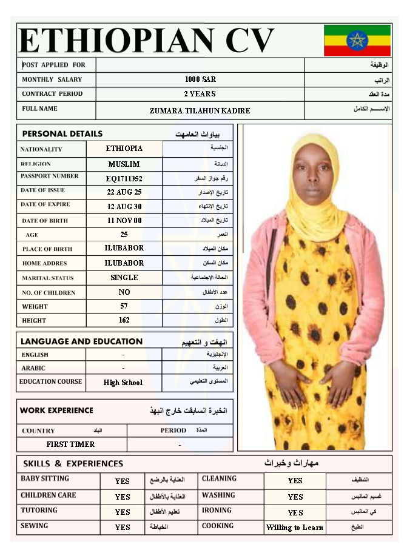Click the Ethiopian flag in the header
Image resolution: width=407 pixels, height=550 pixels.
click(x=357, y=41)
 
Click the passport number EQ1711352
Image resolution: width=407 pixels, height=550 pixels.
click(x=124, y=179)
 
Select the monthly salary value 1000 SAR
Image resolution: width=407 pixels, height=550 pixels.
click(x=200, y=79)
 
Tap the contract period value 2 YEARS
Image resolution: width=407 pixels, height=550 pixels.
click(x=200, y=94)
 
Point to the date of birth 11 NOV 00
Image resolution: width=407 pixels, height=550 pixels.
click(x=124, y=221)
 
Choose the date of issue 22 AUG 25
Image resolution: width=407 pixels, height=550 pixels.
click(x=124, y=192)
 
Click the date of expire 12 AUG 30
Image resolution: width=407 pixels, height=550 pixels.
click(x=124, y=206)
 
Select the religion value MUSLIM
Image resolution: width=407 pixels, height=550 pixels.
click(x=124, y=164)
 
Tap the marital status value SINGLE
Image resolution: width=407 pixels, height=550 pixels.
click(x=124, y=278)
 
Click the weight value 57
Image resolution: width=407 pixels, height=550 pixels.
click(x=124, y=306)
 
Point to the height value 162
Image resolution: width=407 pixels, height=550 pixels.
click(x=124, y=320)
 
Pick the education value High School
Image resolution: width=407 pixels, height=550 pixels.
click(x=123, y=383)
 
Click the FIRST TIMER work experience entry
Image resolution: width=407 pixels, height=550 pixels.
click(x=70, y=444)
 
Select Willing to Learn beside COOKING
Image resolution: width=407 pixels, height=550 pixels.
click(x=295, y=528)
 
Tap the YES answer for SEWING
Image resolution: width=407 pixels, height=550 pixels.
click(x=123, y=528)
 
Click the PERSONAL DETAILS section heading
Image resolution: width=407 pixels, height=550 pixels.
click(x=62, y=134)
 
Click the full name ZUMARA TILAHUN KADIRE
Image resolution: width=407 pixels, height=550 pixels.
click(x=200, y=111)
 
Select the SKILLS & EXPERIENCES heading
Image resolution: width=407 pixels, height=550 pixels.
click(x=73, y=464)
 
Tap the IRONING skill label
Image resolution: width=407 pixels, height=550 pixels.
click(x=217, y=511)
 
